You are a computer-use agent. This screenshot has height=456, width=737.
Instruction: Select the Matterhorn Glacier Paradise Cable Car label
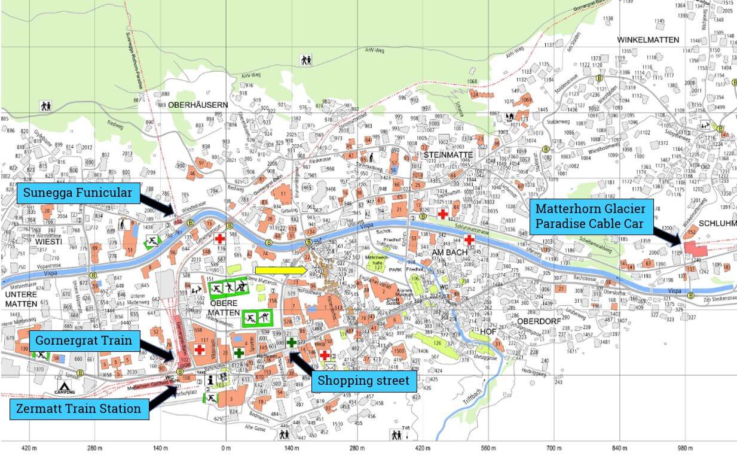(591, 216)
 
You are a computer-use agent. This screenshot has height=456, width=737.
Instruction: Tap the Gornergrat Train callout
(87, 342)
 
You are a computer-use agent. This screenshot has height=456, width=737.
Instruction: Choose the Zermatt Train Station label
(79, 409)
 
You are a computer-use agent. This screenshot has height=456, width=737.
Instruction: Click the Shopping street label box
(363, 381)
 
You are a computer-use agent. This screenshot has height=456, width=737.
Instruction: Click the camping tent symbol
(65, 385)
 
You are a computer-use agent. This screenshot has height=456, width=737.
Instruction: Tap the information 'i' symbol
(210, 379)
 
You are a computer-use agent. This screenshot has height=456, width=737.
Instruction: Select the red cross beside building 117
(199, 349)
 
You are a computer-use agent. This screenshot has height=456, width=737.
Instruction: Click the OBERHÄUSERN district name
(198, 105)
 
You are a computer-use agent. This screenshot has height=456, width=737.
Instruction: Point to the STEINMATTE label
(448, 155)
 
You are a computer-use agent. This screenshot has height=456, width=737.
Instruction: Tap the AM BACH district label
(448, 253)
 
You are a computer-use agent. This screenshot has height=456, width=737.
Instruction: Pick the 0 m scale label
(225, 448)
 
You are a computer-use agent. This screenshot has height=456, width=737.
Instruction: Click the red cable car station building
(695, 248)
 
